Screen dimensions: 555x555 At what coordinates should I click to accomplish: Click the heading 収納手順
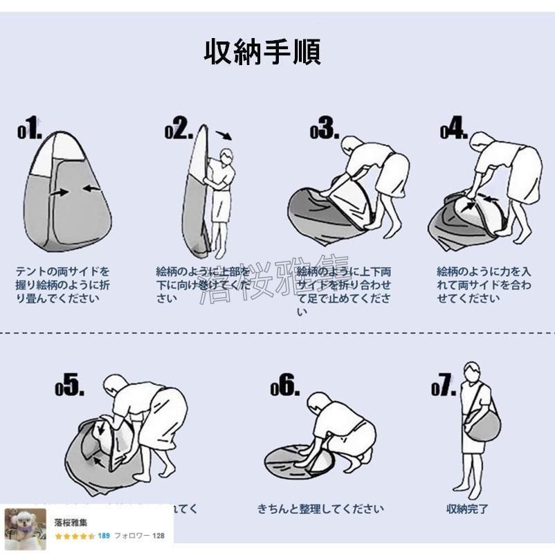(x=262, y=52)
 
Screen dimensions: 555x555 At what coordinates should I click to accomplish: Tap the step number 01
(x=30, y=129)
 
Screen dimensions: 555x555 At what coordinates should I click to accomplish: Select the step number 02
(x=179, y=129)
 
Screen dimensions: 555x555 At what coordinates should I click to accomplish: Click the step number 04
(x=454, y=129)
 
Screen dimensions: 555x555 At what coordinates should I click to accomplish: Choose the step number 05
(x=70, y=387)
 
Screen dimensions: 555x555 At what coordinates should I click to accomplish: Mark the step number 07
(x=444, y=387)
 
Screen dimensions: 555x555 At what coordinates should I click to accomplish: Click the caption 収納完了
(x=467, y=509)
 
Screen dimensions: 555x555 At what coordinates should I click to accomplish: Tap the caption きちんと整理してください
(x=320, y=509)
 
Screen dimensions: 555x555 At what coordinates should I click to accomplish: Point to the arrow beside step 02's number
(x=224, y=135)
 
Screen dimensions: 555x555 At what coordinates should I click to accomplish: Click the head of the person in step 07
(x=472, y=370)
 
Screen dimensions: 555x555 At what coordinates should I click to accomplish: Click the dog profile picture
(x=26, y=529)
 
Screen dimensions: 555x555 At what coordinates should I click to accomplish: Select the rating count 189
(x=104, y=536)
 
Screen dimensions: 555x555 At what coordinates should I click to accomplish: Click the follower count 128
(x=158, y=536)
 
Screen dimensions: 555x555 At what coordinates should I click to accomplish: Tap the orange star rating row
(x=75, y=536)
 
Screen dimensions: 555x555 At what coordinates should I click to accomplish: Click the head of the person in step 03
(x=352, y=146)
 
